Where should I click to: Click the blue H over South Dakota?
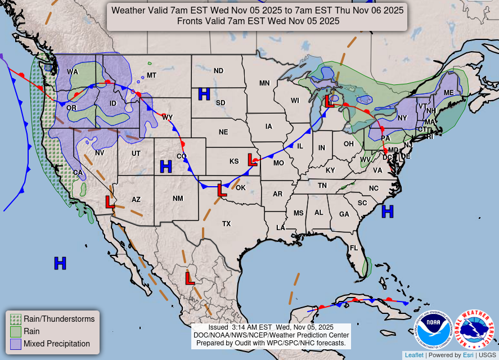(x=204, y=94)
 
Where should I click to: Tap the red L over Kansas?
(x=252, y=160)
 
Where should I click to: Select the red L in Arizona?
(x=110, y=201)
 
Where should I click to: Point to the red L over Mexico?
(x=190, y=277)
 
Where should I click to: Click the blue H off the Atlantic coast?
(x=387, y=211)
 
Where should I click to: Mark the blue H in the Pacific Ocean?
(x=60, y=263)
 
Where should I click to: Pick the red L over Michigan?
(x=330, y=101)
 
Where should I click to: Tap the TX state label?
(x=226, y=223)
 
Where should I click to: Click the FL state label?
(x=354, y=247)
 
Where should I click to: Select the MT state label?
(x=151, y=75)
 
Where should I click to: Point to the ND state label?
(x=218, y=70)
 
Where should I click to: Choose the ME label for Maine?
(x=448, y=92)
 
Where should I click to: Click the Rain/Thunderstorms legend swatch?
(x=16, y=319)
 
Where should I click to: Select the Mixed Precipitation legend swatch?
(x=16, y=344)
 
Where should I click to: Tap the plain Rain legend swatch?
(x=16, y=331)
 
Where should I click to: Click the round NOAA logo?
(x=434, y=330)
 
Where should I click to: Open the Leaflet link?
(x=414, y=355)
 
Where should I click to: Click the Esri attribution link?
(x=468, y=355)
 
